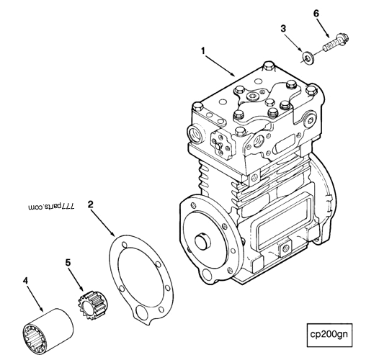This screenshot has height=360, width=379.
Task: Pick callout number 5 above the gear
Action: click(68, 263)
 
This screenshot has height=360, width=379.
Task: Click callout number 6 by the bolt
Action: click(316, 12)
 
